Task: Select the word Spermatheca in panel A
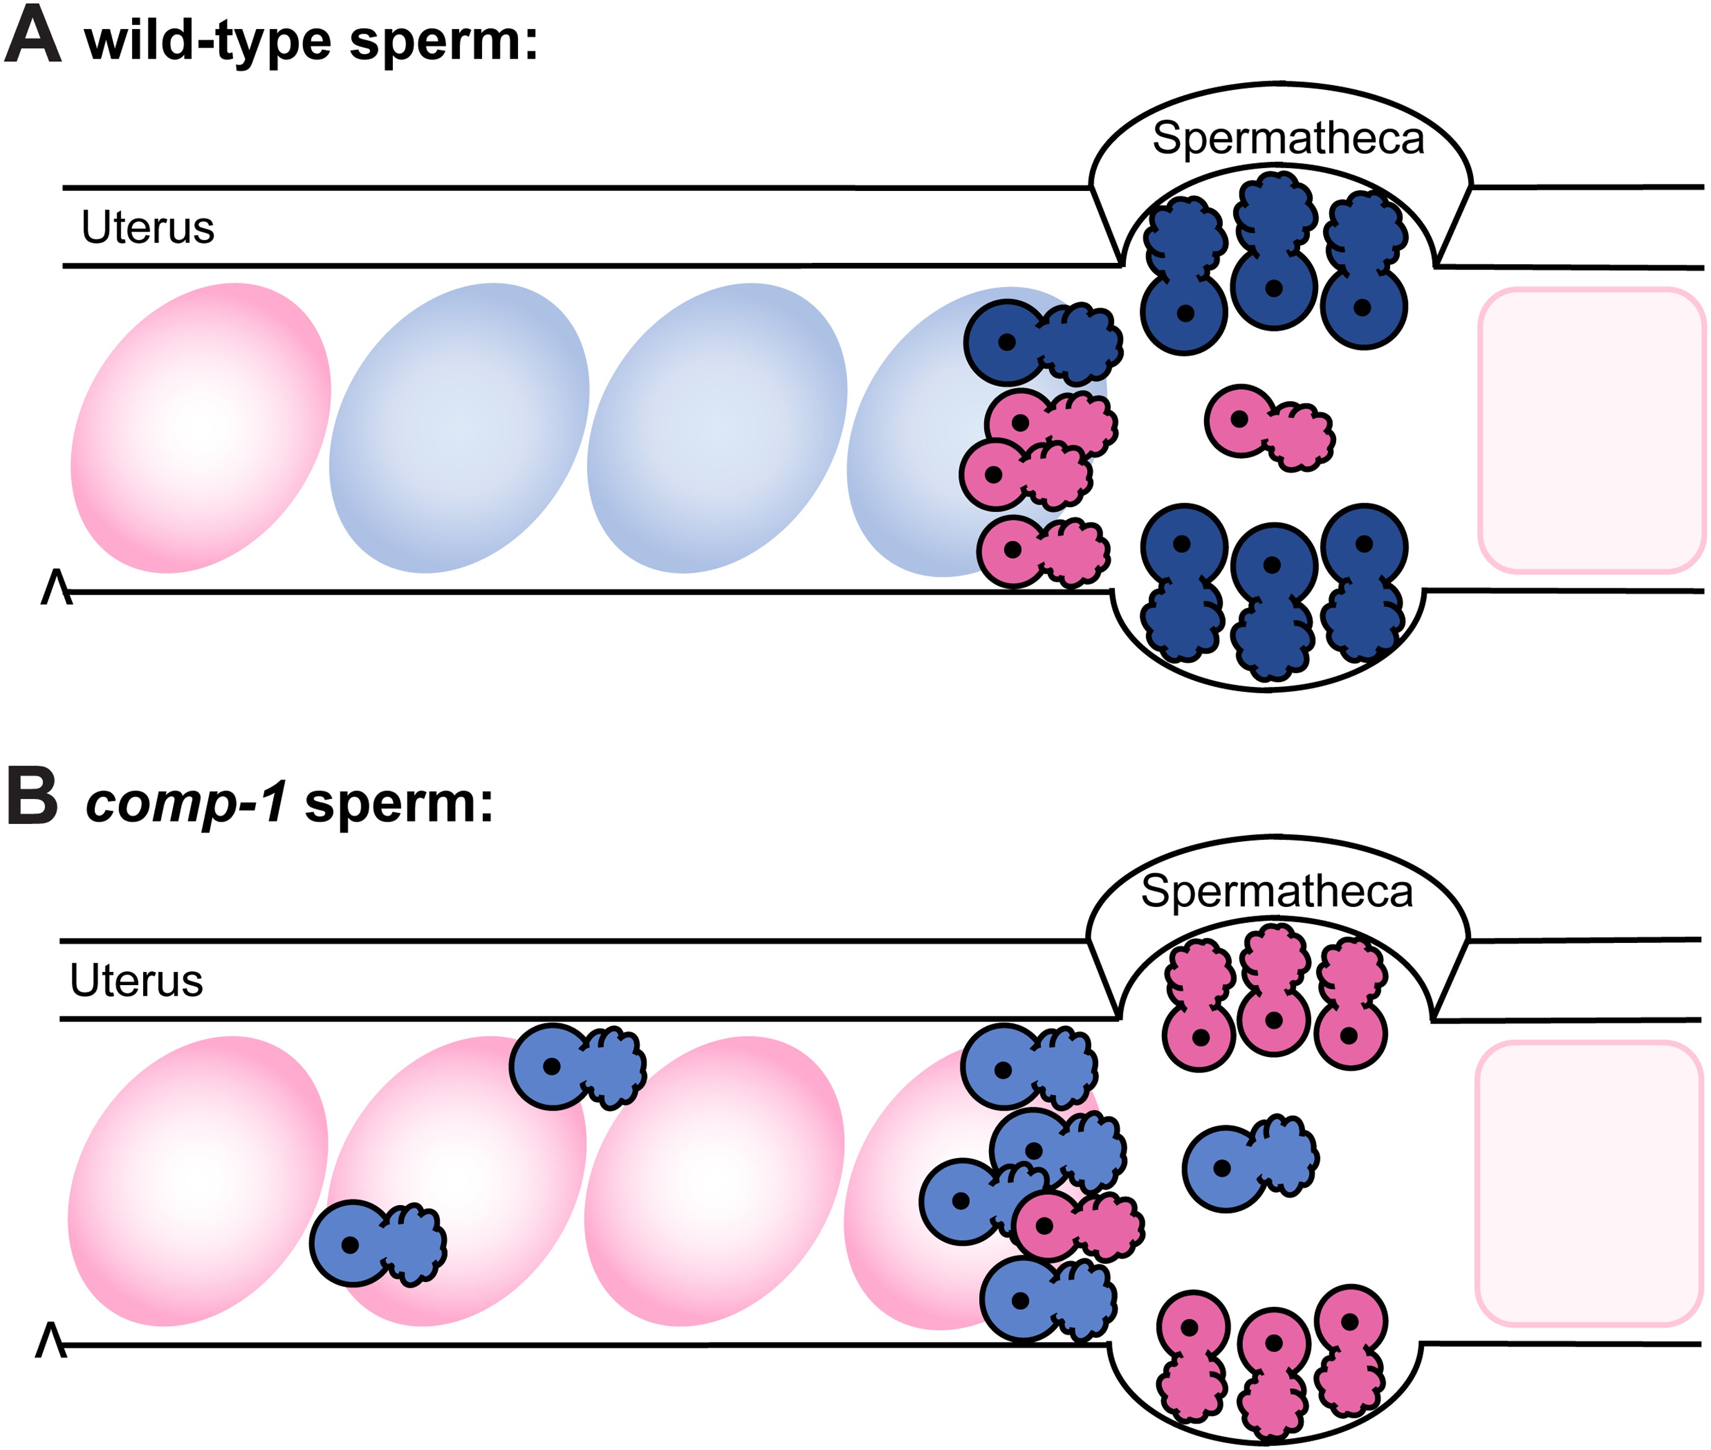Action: pyautogui.click(x=1287, y=138)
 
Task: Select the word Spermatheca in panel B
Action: pyautogui.click(x=1275, y=892)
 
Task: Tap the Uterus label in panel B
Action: pyautogui.click(x=136, y=981)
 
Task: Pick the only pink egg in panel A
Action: pyautogui.click(x=201, y=428)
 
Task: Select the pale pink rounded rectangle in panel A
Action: pyautogui.click(x=1591, y=429)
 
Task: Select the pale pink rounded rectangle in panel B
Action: pyautogui.click(x=1588, y=1183)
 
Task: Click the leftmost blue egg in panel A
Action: pyautogui.click(x=459, y=428)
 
